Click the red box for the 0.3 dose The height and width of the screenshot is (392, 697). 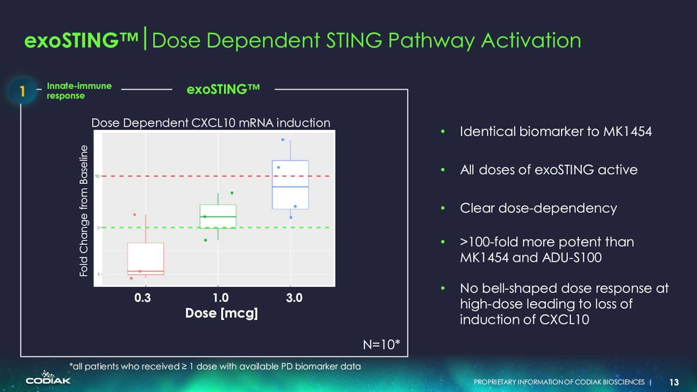pos(145,259)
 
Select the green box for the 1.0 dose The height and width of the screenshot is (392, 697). pos(218,217)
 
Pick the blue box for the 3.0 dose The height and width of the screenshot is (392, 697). pos(290,185)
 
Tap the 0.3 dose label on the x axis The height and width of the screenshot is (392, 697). pos(143,298)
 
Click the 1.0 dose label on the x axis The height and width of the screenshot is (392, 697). pos(221,298)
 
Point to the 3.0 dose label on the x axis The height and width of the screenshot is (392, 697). pos(294,298)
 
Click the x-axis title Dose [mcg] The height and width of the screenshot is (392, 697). pos(221,313)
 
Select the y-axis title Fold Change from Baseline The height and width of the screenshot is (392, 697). pos(84,211)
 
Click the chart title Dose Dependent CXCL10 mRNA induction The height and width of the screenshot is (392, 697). pos(211,123)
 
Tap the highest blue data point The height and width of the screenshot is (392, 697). pos(283,140)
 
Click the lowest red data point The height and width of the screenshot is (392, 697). pos(131,278)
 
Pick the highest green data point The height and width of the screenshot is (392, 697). pos(232,193)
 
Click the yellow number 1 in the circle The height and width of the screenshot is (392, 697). pos(22,91)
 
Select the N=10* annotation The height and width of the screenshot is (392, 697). pos(382,345)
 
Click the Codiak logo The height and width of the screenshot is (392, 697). pos(48,377)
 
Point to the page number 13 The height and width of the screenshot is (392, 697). pos(674,382)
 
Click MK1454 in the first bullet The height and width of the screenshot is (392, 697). pos(627,131)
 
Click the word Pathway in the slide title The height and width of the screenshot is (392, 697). pos(431,41)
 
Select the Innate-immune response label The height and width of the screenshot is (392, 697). pos(79,90)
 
